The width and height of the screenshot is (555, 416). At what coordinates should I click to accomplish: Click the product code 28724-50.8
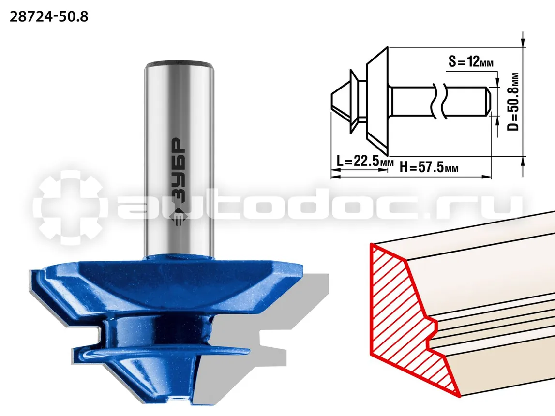pyautogui.click(x=49, y=16)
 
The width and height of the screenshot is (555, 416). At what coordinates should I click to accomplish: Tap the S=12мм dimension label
pyautogui.click(x=471, y=61)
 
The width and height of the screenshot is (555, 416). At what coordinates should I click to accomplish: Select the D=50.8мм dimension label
pyautogui.click(x=513, y=102)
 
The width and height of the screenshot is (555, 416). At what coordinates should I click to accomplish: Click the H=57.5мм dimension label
pyautogui.click(x=429, y=166)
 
